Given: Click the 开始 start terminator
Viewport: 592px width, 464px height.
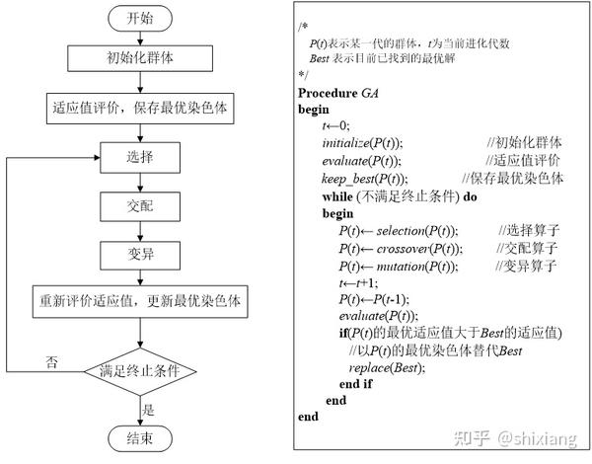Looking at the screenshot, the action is [140, 19].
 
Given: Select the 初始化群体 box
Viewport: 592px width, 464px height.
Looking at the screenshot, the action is [140, 58].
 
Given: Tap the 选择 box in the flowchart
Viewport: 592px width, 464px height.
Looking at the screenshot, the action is [140, 158].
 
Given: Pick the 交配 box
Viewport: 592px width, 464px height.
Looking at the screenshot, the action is [140, 206].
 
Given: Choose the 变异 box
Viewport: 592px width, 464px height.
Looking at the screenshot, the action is [140, 255].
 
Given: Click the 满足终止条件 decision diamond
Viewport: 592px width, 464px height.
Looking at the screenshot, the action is [140, 371].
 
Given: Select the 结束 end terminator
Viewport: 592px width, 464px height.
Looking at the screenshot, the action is [140, 438].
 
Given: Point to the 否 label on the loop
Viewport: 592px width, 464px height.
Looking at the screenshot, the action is [51, 362].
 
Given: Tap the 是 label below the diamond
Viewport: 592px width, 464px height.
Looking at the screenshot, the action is [148, 410].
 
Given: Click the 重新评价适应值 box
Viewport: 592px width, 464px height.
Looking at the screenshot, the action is [140, 301].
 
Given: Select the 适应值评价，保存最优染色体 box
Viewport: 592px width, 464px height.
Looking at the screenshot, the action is [140, 109].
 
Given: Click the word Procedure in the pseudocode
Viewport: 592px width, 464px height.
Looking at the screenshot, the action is [328, 93].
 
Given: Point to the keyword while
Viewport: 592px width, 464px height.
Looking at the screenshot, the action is [337, 196].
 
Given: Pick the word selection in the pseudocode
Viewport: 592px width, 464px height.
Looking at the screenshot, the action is [401, 231].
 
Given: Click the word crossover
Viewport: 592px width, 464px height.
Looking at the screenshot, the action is [403, 249].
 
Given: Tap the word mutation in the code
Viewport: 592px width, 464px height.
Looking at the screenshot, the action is [401, 267].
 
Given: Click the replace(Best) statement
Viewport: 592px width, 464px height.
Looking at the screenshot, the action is [387, 367].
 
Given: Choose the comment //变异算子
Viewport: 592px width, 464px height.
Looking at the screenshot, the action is [526, 266].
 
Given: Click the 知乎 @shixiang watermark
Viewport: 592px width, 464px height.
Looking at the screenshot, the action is [515, 438].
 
